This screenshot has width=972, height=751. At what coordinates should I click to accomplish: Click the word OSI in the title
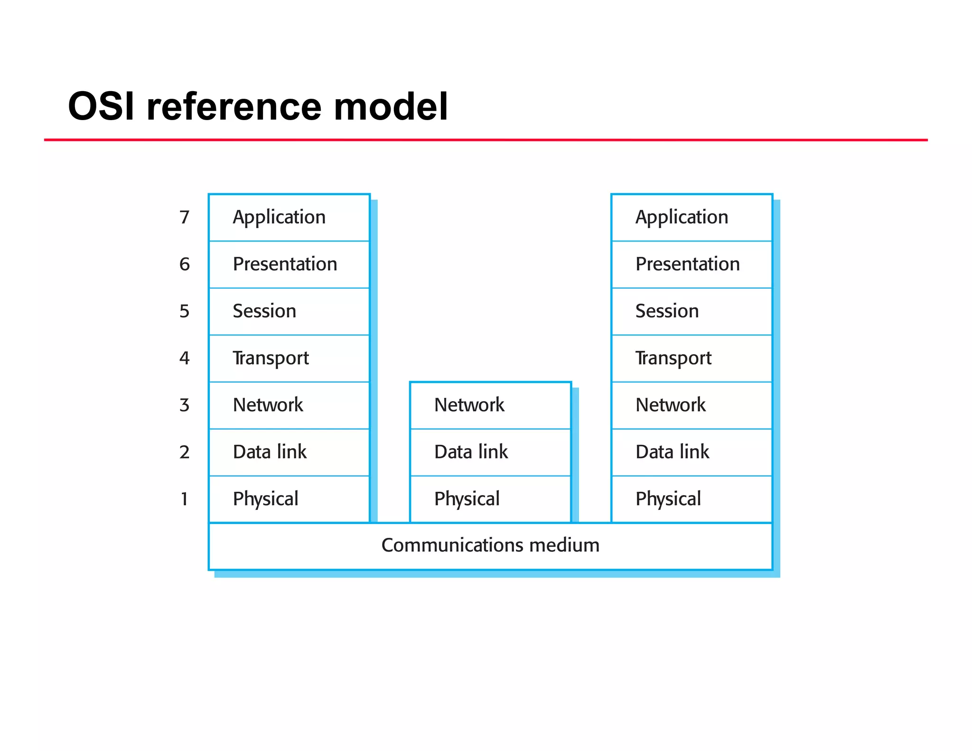pyautogui.click(x=101, y=106)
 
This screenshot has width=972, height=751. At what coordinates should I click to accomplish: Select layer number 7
pyautogui.click(x=184, y=217)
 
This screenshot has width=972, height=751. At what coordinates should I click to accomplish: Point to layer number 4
pyautogui.click(x=184, y=358)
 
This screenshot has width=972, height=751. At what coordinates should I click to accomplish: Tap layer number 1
pyautogui.click(x=184, y=499)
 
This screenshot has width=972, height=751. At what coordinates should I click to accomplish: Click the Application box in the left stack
pyautogui.click(x=289, y=217)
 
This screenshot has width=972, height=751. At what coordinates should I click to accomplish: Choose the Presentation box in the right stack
pyautogui.click(x=692, y=264)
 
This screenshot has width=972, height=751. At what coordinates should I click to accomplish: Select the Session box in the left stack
pyautogui.click(x=289, y=311)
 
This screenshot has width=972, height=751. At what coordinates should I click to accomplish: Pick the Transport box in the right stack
pyautogui.click(x=692, y=358)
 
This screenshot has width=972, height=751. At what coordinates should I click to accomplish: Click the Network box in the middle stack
pyautogui.click(x=490, y=405)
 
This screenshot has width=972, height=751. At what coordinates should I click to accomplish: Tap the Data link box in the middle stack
pyautogui.click(x=490, y=452)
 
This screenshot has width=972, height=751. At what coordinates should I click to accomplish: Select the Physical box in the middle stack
pyautogui.click(x=490, y=499)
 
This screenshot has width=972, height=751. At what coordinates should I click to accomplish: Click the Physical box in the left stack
pyautogui.click(x=289, y=499)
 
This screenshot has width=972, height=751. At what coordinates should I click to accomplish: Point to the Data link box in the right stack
pyautogui.click(x=692, y=452)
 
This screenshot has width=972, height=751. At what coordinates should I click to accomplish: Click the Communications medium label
pyautogui.click(x=490, y=545)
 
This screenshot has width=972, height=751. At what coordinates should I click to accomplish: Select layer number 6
pyautogui.click(x=184, y=264)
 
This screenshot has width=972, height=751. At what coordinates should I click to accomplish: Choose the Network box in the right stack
pyautogui.click(x=692, y=405)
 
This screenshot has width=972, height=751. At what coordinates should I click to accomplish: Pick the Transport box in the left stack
pyautogui.click(x=289, y=358)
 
